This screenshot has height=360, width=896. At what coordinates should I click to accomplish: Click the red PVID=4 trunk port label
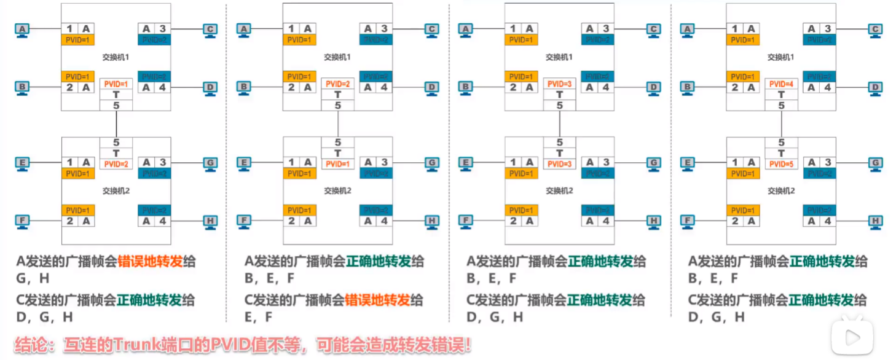(x=781, y=84)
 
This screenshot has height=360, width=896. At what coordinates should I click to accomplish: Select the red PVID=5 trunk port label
(x=781, y=164)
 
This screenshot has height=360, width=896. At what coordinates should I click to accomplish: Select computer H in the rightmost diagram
(x=876, y=222)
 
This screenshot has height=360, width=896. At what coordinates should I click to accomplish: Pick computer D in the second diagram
(x=431, y=88)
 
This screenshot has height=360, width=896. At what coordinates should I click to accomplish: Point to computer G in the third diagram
(x=653, y=163)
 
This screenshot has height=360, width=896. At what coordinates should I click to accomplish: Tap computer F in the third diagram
(x=466, y=221)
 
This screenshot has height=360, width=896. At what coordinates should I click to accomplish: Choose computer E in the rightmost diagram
(x=688, y=163)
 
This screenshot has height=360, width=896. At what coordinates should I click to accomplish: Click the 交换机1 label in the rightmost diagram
(x=780, y=57)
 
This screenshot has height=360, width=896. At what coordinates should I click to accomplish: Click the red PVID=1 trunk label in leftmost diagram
(x=116, y=84)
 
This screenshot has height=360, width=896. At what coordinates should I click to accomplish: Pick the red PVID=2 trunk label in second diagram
(x=337, y=84)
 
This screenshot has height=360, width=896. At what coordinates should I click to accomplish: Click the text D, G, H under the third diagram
(x=494, y=317)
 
